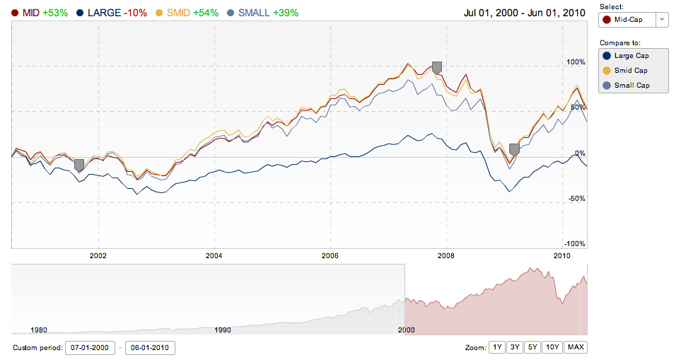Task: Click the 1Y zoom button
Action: tap(498, 347)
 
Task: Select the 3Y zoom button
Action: tap(516, 347)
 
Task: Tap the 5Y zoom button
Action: tap(533, 347)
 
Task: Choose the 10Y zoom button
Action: tap(553, 347)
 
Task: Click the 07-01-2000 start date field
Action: tap(90, 348)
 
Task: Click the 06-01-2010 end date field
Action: tap(150, 348)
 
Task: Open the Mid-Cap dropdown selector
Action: tap(632, 20)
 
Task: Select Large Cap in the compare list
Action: tap(631, 55)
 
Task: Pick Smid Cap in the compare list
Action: tap(631, 70)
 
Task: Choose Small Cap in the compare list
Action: tap(631, 86)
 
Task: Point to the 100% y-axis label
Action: tap(576, 62)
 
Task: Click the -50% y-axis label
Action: tap(576, 199)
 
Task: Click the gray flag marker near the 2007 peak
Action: tap(437, 67)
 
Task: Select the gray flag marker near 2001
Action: tap(79, 165)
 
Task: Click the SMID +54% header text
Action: tap(192, 13)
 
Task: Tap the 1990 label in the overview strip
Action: tap(223, 330)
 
